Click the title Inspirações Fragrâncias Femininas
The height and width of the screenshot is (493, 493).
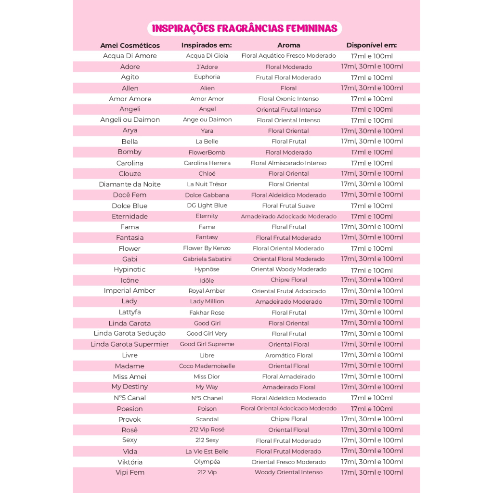point(245,28)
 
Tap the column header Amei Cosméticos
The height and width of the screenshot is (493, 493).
point(130,45)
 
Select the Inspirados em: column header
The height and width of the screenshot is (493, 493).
point(207,45)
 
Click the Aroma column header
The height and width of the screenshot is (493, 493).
point(288,45)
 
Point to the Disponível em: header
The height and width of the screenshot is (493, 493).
point(371,45)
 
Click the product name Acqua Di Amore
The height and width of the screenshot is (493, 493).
point(130,56)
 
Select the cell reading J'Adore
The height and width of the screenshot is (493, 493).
point(207,67)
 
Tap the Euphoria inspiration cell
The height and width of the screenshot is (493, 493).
point(207,77)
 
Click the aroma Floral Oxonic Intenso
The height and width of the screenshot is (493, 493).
point(288,99)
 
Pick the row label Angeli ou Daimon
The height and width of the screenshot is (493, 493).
point(130,120)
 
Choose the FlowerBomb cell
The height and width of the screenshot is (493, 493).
point(207,152)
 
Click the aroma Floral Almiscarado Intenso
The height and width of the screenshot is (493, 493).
point(288,163)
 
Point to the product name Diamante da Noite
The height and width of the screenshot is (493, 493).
point(130,184)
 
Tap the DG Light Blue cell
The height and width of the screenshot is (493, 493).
point(207,206)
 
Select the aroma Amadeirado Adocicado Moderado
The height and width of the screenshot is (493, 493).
point(288,217)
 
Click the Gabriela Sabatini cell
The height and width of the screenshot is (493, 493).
point(207,259)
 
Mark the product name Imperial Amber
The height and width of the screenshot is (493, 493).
point(130,291)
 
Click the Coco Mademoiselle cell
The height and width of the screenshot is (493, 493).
point(207,366)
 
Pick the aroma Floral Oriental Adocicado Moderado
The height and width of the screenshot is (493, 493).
point(288,409)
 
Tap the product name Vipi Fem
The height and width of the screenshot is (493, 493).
point(130,472)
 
